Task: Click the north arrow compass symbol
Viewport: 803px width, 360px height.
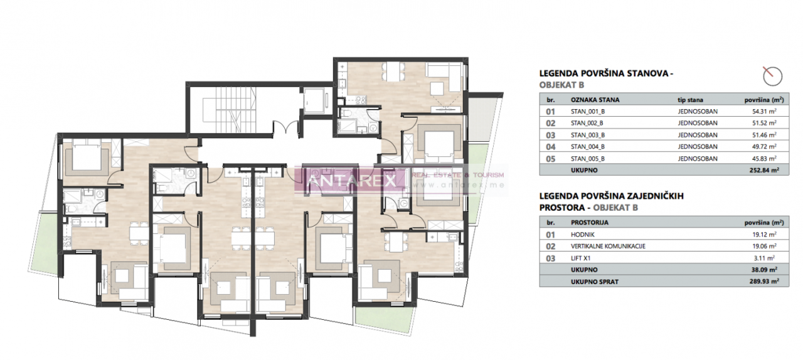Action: (x=772, y=76)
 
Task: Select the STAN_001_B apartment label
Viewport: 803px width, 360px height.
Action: (x=587, y=111)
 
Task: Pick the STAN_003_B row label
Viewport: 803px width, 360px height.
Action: (x=587, y=135)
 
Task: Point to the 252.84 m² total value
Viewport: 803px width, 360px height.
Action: (x=761, y=170)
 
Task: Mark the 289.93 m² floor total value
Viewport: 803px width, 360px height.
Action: (x=761, y=282)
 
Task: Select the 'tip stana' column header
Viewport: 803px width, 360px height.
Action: (x=690, y=99)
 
